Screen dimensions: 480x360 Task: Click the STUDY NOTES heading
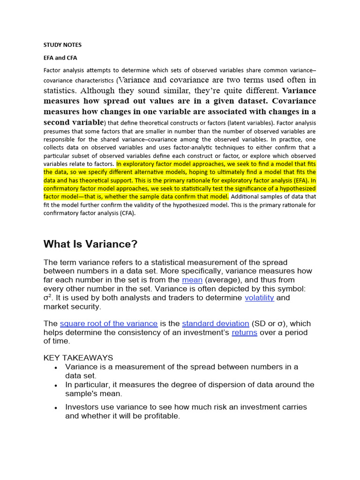(x=62, y=45)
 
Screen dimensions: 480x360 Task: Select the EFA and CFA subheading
(x=60, y=58)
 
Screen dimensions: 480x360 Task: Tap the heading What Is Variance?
(x=90, y=244)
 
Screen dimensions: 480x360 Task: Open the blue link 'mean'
(x=192, y=280)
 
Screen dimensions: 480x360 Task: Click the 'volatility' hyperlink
(x=259, y=298)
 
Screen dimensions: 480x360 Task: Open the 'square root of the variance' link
(x=109, y=323)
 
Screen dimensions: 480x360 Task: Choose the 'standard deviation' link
(x=216, y=323)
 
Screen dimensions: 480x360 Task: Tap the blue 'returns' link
(x=244, y=332)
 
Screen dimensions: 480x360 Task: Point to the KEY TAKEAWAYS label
(x=78, y=358)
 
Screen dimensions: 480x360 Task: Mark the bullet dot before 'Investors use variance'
(x=56, y=408)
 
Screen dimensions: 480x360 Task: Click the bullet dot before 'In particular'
(x=56, y=385)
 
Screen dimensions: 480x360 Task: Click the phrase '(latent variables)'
(x=248, y=123)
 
